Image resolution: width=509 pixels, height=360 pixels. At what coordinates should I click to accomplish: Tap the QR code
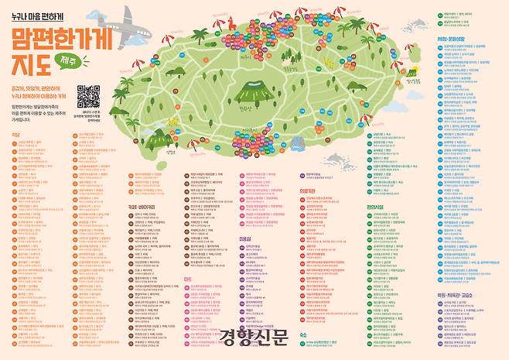(x=88, y=97)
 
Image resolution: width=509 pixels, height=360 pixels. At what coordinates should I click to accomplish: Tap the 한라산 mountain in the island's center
(x=252, y=87)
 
